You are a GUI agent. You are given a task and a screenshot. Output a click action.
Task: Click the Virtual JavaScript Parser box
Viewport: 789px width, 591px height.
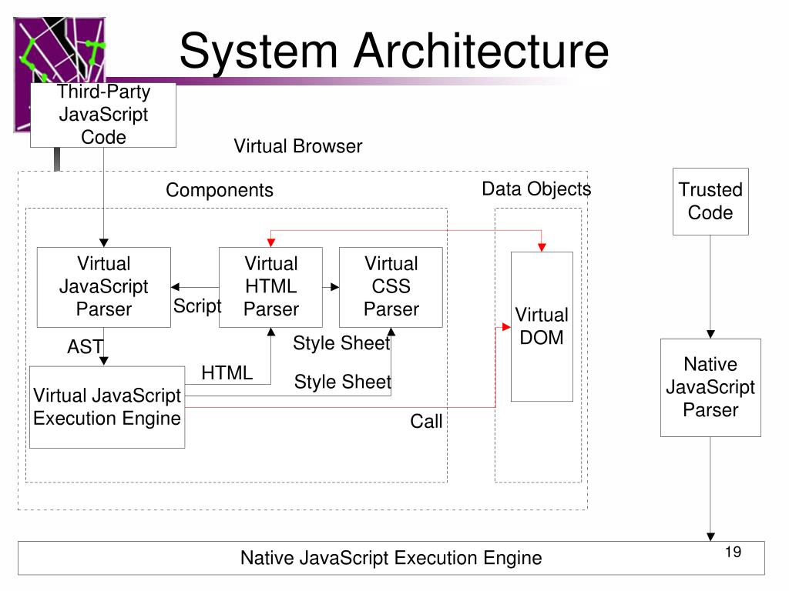coord(104,287)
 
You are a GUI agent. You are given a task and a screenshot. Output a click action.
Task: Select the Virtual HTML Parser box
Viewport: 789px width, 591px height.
coord(270,287)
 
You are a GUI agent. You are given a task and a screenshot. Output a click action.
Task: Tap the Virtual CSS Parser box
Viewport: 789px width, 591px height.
coord(391,287)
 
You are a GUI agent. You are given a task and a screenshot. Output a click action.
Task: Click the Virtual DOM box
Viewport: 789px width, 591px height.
coord(542,326)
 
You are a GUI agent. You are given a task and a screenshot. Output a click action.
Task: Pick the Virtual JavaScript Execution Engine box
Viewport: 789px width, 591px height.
coord(107,407)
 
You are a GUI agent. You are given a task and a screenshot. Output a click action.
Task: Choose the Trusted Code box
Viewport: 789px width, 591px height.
coord(710,202)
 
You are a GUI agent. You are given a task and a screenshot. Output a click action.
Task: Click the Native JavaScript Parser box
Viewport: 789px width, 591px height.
coord(710,388)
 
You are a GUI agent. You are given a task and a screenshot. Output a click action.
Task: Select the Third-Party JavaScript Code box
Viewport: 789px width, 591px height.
coord(103,115)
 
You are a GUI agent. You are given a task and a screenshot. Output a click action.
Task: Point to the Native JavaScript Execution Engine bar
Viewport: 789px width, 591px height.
coord(391,558)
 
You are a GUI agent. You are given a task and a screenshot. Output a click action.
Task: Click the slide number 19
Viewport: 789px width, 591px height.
coord(734,552)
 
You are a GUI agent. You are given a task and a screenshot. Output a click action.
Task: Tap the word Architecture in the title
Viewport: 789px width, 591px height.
coord(481,51)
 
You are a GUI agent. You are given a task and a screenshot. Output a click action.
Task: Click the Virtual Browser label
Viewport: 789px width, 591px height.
coord(298,146)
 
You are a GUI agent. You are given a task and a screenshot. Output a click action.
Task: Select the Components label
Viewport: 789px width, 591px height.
coord(220,190)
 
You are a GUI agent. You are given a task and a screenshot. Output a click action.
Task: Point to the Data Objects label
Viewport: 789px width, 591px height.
coord(536,189)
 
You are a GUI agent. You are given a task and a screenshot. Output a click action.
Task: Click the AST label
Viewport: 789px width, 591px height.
coord(85,347)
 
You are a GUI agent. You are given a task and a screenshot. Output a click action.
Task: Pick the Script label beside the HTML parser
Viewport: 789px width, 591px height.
coord(196,306)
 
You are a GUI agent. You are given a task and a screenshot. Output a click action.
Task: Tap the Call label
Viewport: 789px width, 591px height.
coord(426,421)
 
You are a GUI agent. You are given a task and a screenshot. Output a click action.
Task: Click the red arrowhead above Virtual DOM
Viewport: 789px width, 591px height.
coord(542,247)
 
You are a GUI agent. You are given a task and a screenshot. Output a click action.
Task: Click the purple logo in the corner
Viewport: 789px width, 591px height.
coord(59,50)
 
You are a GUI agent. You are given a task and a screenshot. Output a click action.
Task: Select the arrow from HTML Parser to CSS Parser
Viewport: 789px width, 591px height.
coord(331,287)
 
